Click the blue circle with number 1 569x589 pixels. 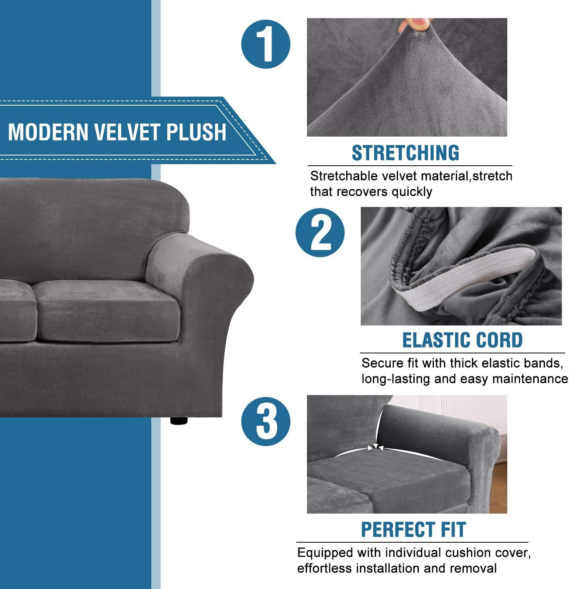(266, 44)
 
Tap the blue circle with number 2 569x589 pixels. (320, 232)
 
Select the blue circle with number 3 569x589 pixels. (266, 421)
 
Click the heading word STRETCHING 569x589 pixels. (405, 153)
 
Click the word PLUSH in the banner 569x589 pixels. (196, 132)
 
